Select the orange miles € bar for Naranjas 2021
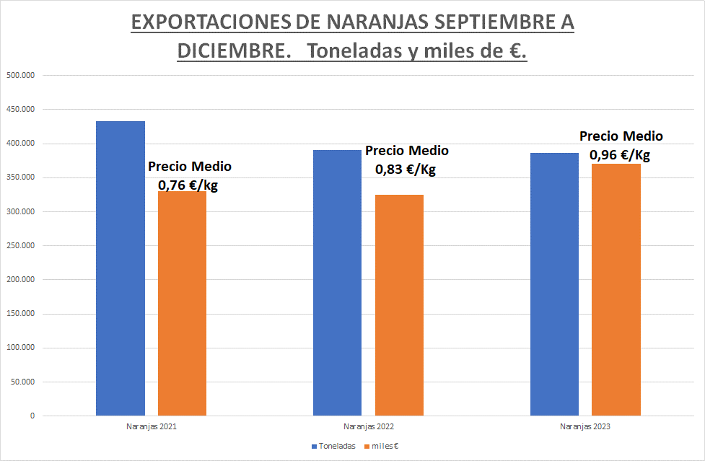tap(182, 303)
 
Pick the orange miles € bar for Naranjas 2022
tap(399, 305)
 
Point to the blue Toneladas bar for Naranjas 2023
tap(554, 284)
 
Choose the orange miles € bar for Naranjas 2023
tap(616, 289)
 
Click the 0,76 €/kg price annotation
tap(190, 185)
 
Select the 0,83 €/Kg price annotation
tap(406, 170)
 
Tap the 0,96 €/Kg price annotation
tap(620, 154)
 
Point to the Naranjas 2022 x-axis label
tap(369, 426)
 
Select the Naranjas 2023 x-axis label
tap(585, 426)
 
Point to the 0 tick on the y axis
tap(32, 416)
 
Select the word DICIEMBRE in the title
tap(226, 53)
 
